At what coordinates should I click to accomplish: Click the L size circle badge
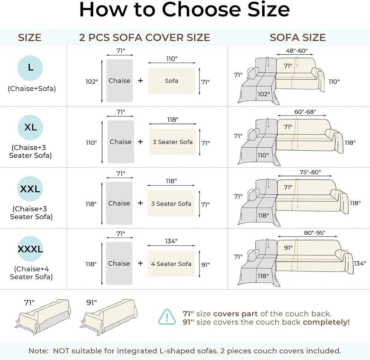tap(30, 68)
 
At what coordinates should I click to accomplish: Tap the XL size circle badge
tap(30, 128)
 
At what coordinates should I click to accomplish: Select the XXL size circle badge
tap(30, 189)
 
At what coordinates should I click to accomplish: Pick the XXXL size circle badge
tap(30, 249)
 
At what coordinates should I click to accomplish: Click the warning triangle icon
tap(167, 317)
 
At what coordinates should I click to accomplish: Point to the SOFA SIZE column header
tap(297, 37)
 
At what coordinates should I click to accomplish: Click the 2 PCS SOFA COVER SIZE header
tap(144, 37)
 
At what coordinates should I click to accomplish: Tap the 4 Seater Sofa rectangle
tap(171, 263)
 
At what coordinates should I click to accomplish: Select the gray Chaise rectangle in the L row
tap(120, 81)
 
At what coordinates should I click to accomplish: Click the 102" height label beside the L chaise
tap(91, 82)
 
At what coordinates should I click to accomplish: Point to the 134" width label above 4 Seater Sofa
tap(171, 241)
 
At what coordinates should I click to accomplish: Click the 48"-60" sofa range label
tap(297, 51)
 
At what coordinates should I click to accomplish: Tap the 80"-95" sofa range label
tap(314, 233)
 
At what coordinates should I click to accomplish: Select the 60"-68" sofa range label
tap(305, 112)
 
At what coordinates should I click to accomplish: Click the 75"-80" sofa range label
tap(310, 172)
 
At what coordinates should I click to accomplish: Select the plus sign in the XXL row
tap(140, 203)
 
